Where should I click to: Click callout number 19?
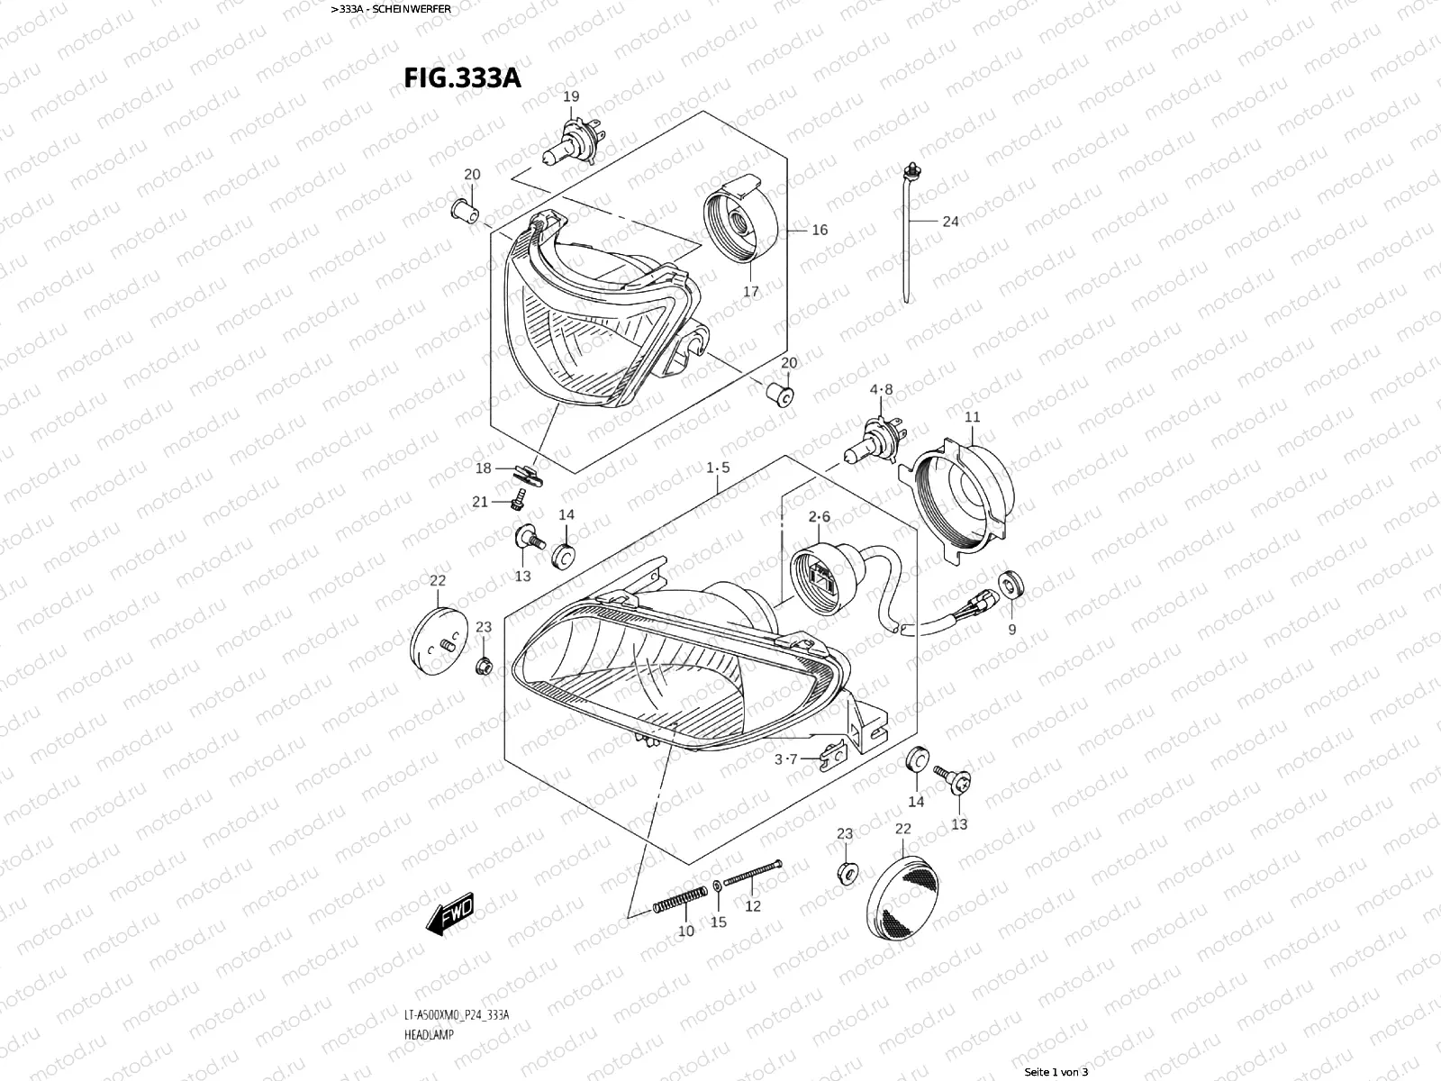point(571,96)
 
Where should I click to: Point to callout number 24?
point(950,221)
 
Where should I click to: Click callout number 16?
point(819,230)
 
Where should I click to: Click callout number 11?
point(972,417)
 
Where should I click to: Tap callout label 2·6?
point(819,516)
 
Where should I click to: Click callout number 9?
point(1011,630)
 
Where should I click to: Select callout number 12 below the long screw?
point(752,905)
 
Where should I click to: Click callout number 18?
point(484,468)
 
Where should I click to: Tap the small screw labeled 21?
point(520,498)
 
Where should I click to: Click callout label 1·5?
point(718,468)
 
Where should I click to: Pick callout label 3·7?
point(785,759)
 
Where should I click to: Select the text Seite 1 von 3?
point(1056,1072)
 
